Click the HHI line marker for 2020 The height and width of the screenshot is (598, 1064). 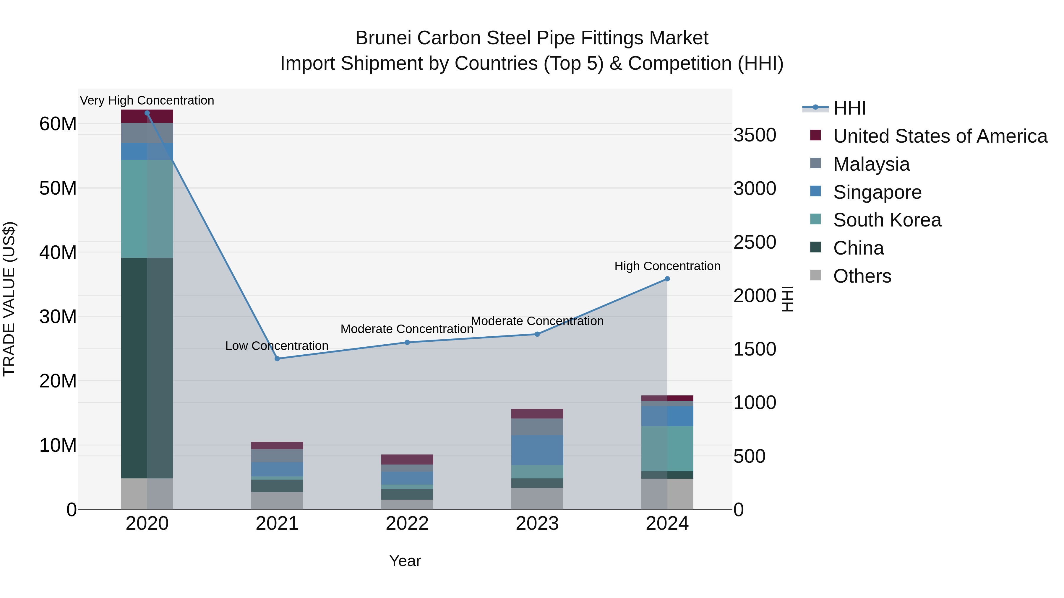point(147,113)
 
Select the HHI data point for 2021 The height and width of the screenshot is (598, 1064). point(277,359)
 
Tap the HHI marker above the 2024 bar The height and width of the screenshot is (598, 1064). point(667,279)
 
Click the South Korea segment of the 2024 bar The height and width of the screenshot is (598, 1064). point(667,449)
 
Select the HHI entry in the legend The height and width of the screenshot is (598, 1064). point(849,108)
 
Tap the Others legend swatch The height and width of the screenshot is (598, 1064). point(815,275)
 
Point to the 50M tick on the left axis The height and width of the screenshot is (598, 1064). point(58,188)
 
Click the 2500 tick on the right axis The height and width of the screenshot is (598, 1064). point(755,242)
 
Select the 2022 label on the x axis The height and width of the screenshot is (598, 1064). point(407,524)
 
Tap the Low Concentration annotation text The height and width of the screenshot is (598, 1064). point(277,346)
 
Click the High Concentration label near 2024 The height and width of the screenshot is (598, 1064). point(667,266)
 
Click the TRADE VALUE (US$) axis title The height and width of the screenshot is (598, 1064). point(9,299)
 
